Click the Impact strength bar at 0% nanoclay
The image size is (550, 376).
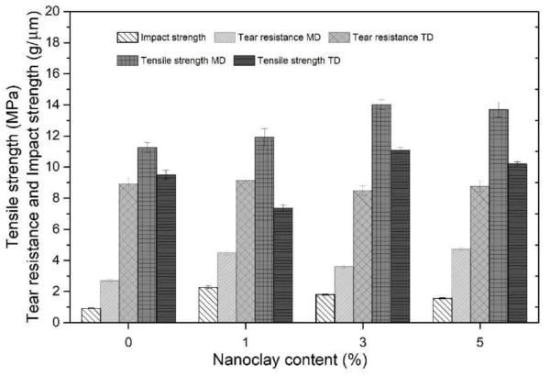pos(91,315)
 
